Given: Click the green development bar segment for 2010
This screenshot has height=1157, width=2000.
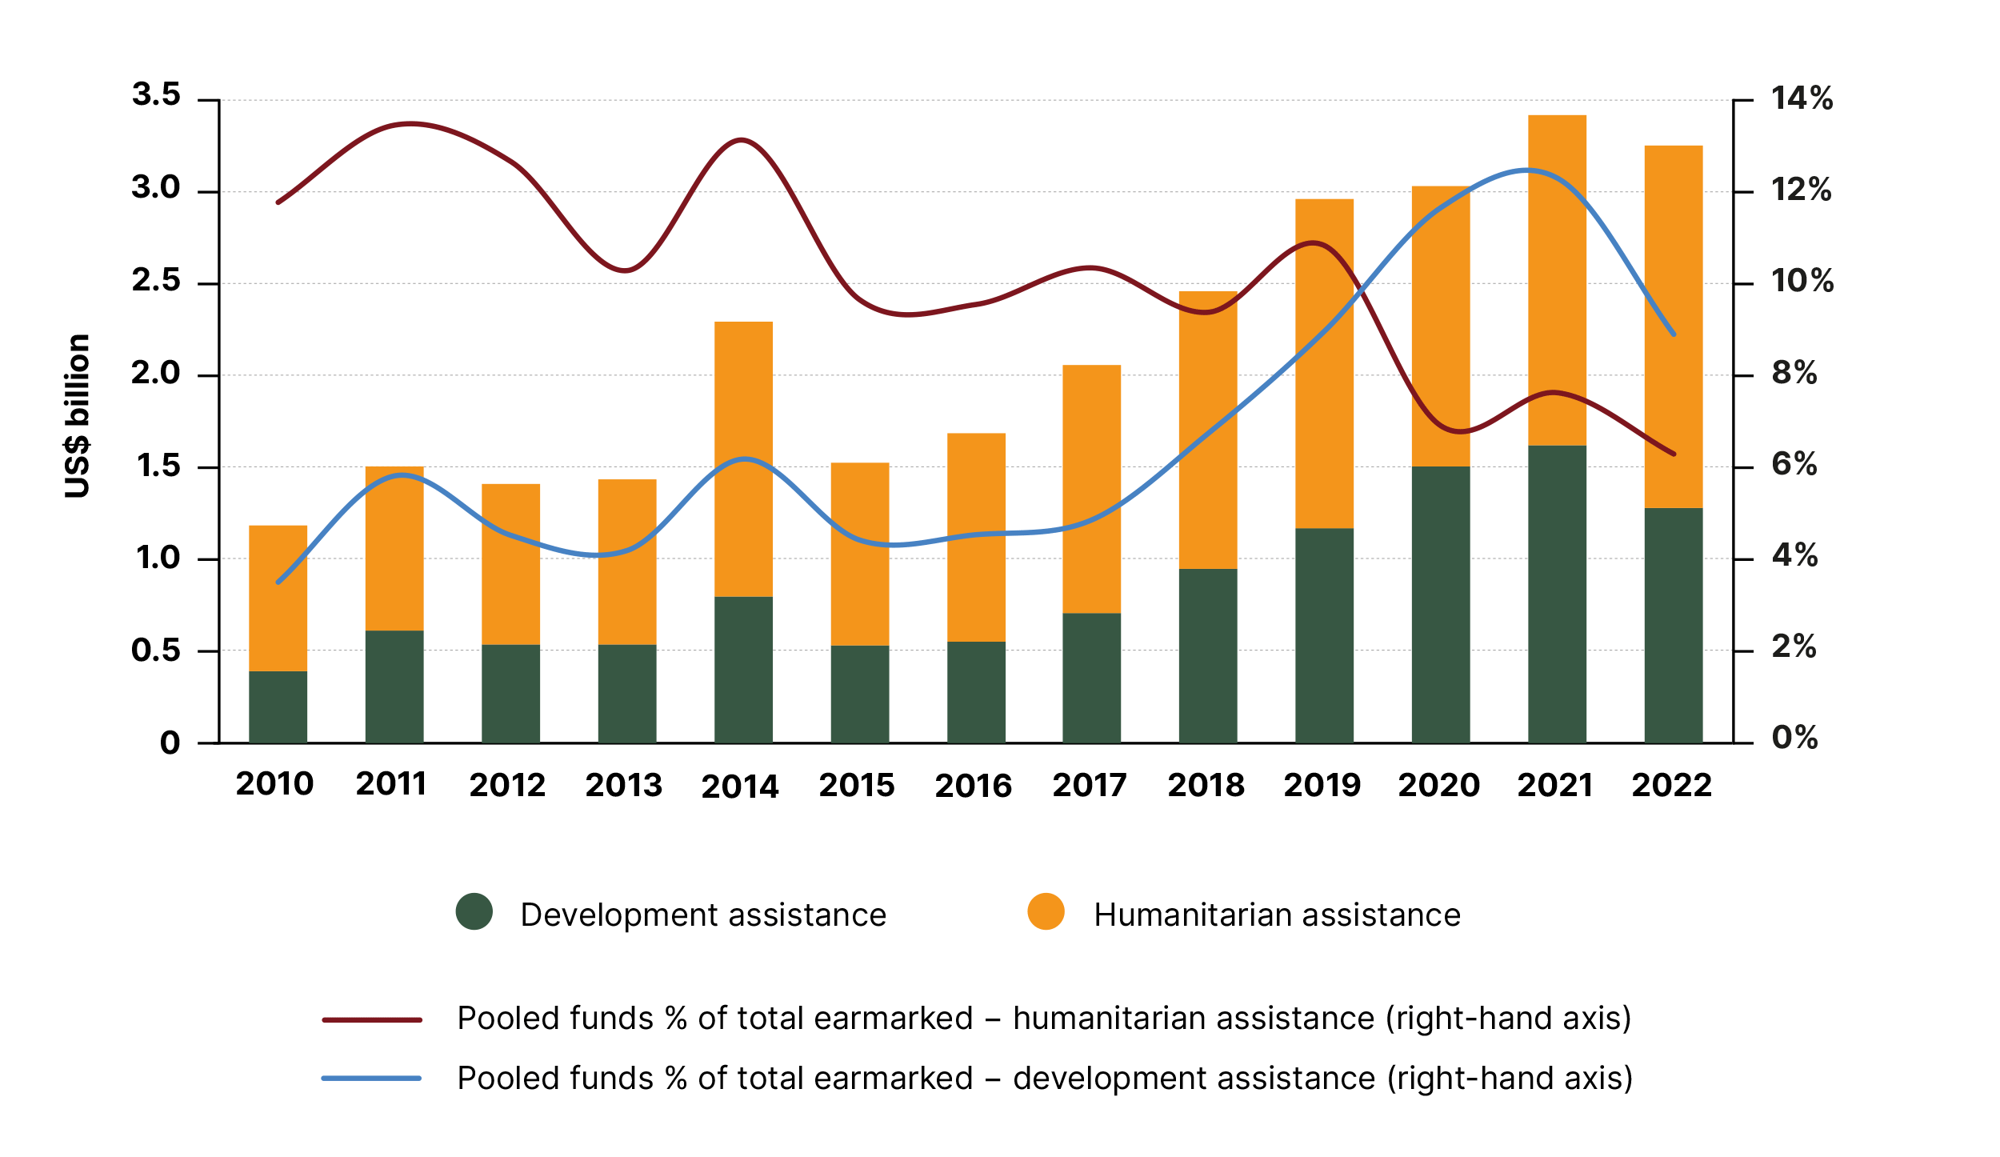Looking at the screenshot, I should pyautogui.click(x=278, y=707).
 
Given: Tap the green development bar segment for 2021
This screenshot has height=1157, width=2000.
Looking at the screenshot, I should pyautogui.click(x=1557, y=594).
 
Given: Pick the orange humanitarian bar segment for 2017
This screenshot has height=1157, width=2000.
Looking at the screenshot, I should pyautogui.click(x=1091, y=488).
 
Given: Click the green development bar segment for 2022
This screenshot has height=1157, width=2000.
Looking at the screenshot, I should pyautogui.click(x=1673, y=625).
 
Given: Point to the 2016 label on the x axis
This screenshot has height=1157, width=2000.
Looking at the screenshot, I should pyautogui.click(x=973, y=786).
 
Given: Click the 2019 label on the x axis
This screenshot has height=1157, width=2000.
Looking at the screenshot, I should pyautogui.click(x=1322, y=785).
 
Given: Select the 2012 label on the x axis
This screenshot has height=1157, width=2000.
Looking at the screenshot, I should pyautogui.click(x=507, y=785).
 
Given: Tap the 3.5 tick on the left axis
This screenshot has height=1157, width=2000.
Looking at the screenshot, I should pyautogui.click(x=156, y=94).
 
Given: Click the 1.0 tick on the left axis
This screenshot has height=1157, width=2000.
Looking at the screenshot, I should pyautogui.click(x=158, y=558).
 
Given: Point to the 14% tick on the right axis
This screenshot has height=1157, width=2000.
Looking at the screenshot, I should pyautogui.click(x=1802, y=98).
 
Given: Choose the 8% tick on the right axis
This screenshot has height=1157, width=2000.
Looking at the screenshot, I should pyautogui.click(x=1794, y=373).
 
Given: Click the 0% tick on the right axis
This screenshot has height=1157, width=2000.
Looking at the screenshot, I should pyautogui.click(x=1794, y=738).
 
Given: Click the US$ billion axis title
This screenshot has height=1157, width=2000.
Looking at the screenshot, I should pyautogui.click(x=78, y=416).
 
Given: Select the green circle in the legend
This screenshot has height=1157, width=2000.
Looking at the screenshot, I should pyautogui.click(x=474, y=911).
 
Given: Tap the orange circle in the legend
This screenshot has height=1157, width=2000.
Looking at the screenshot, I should pyautogui.click(x=1046, y=911).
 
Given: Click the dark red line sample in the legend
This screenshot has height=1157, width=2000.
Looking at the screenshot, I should pyautogui.click(x=372, y=1020).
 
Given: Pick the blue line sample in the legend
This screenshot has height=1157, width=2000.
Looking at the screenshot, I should pyautogui.click(x=372, y=1079).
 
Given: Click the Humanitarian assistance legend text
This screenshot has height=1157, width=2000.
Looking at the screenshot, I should pyautogui.click(x=1277, y=915).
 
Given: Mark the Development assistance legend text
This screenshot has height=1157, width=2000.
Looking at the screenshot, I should pyautogui.click(x=703, y=915).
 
